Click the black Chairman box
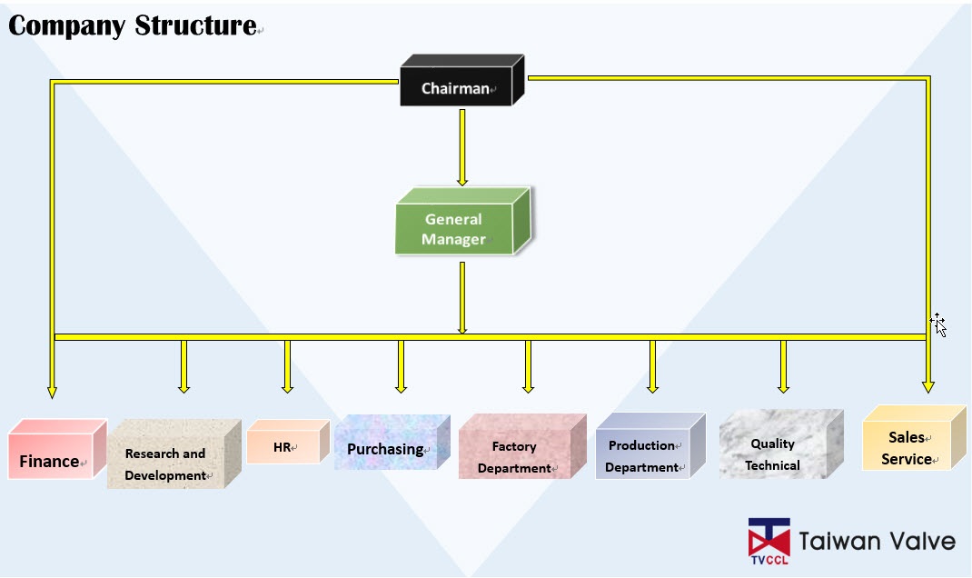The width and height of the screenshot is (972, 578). coord(457,88)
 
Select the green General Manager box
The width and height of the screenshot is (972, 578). coord(454,228)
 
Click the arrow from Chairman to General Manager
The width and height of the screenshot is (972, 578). coord(462,145)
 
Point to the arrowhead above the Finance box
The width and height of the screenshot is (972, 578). coord(53,391)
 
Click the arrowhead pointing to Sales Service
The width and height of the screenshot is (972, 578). coord(927,386)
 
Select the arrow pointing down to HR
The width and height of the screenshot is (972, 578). coord(287,366)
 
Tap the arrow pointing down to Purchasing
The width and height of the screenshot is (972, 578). coord(401,366)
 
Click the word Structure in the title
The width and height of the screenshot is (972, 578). coord(195,25)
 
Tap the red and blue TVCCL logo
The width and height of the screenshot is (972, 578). coord(769,541)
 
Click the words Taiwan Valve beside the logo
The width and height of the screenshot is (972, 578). coord(877,542)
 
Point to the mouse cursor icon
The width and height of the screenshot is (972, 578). coord(939,324)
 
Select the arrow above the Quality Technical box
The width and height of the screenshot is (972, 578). coord(783,366)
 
